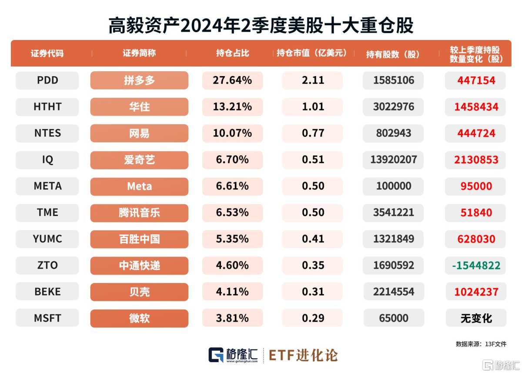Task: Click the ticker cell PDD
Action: pyautogui.click(x=47, y=80)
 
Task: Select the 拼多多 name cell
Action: pyautogui.click(x=139, y=80)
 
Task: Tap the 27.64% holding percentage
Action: pyautogui.click(x=232, y=80)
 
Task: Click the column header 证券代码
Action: pyautogui.click(x=47, y=53)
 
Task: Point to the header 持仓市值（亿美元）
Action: pyautogui.click(x=312, y=53)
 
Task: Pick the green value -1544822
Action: pyautogui.click(x=475, y=265)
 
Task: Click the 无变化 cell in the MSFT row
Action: pyautogui.click(x=475, y=318)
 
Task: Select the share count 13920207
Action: pyautogui.click(x=393, y=160)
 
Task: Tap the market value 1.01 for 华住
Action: pyautogui.click(x=313, y=107)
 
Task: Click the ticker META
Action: pyautogui.click(x=47, y=186)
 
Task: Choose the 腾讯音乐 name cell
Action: pyautogui.click(x=139, y=213)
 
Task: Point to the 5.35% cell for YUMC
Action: pyautogui.click(x=232, y=239)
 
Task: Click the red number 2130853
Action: pyautogui.click(x=475, y=160)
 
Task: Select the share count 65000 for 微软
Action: pyautogui.click(x=393, y=318)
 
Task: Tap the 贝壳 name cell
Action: pyautogui.click(x=139, y=292)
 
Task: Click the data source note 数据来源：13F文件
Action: pyautogui.click(x=481, y=344)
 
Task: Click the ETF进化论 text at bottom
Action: pyautogui.click(x=303, y=355)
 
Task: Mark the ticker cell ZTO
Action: pyautogui.click(x=47, y=265)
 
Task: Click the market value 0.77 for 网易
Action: pyautogui.click(x=313, y=133)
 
